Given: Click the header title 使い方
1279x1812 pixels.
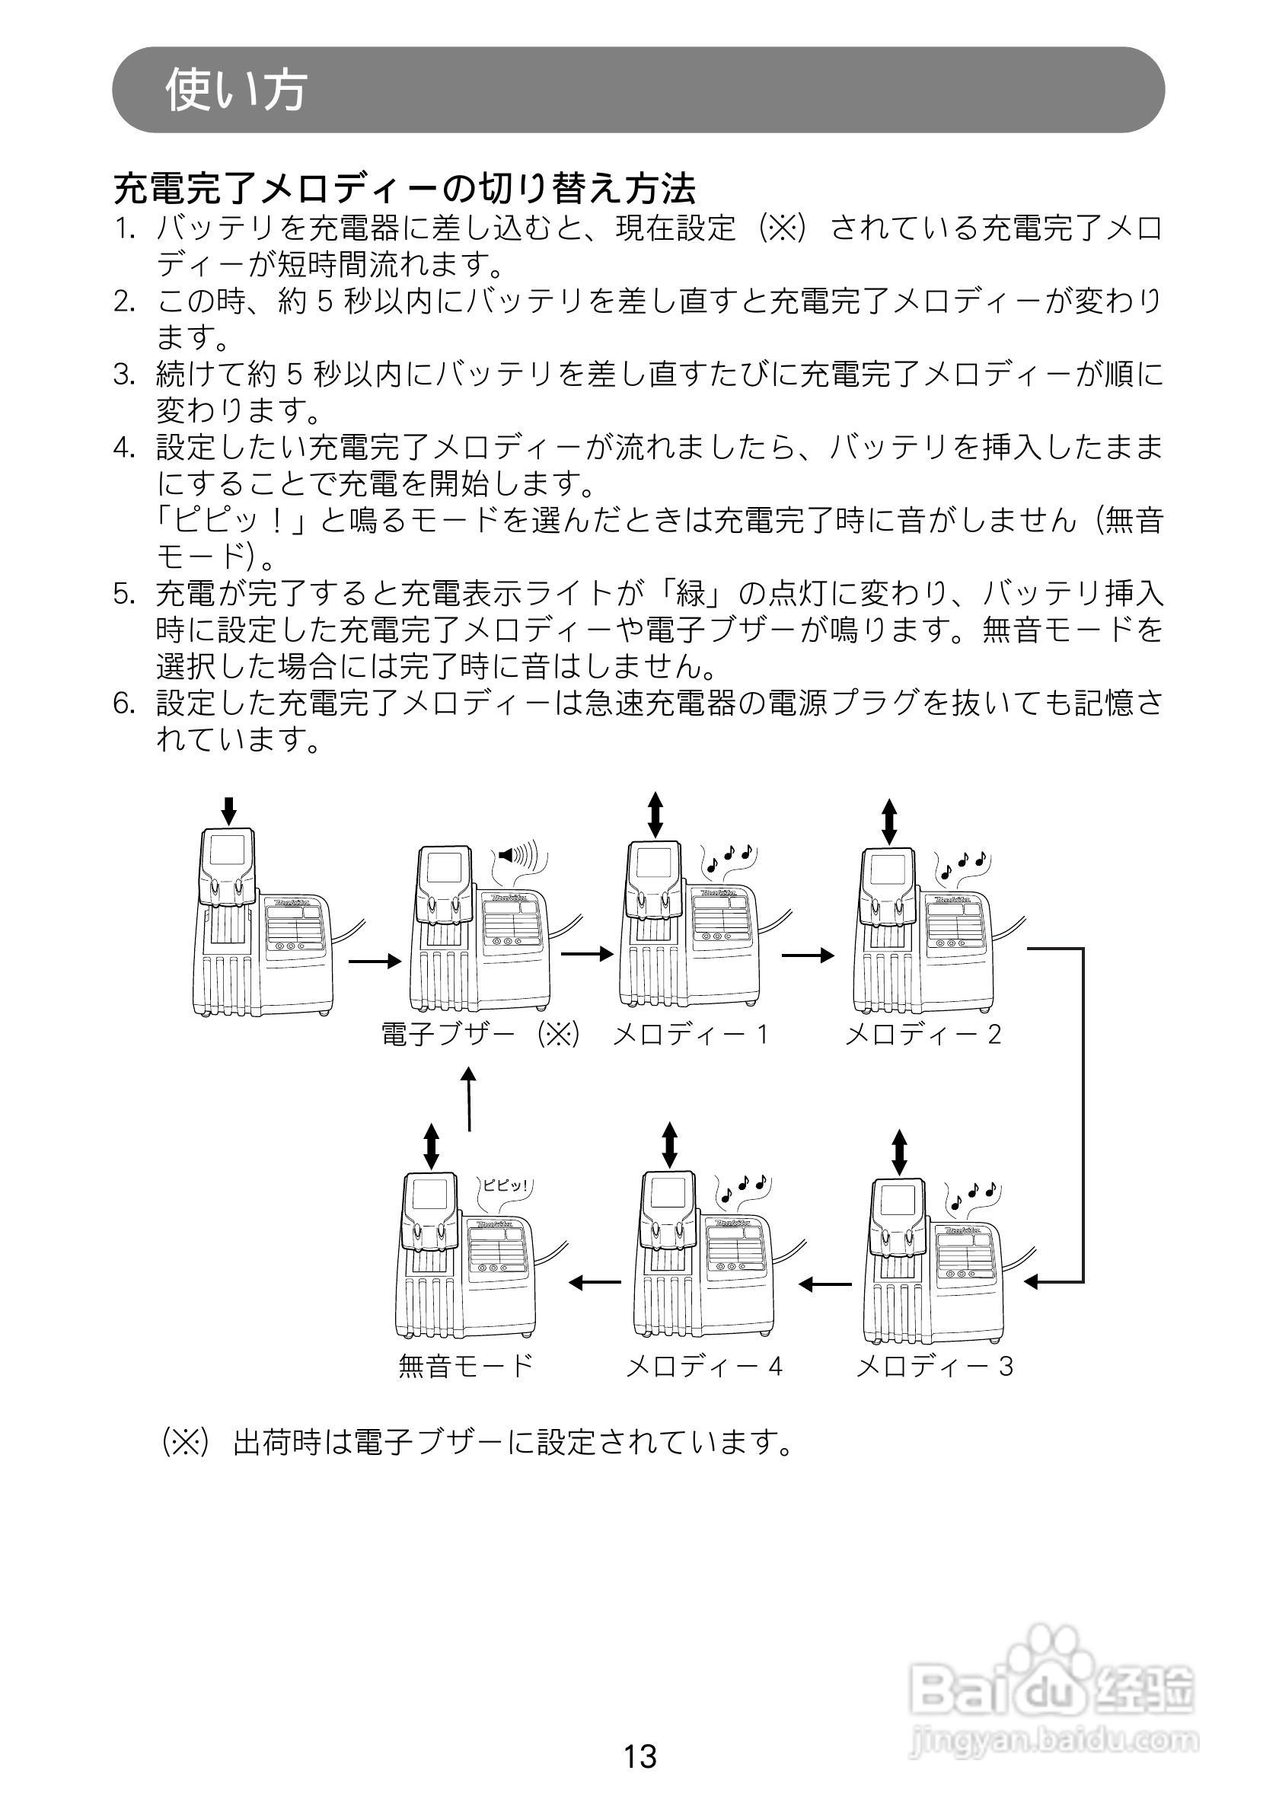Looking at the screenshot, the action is tap(236, 89).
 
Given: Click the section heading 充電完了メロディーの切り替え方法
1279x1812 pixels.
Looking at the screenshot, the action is tap(406, 189).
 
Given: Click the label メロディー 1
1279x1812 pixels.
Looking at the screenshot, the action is tap(691, 1035).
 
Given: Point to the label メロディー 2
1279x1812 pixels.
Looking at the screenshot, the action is tap(923, 1035).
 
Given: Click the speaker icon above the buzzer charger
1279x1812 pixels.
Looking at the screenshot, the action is tap(517, 855).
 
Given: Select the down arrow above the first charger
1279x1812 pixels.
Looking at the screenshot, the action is tap(229, 811).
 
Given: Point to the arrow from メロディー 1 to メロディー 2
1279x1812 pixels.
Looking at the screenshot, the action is tap(808, 955).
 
